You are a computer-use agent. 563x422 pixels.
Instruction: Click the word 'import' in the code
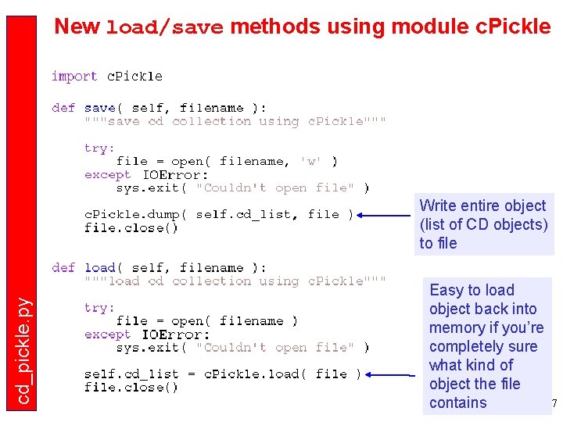coord(74,76)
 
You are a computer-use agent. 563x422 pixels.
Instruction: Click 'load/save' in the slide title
coord(164,27)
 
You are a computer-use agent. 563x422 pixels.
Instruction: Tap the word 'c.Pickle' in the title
coord(513,27)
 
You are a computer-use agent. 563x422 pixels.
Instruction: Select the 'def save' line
coord(160,108)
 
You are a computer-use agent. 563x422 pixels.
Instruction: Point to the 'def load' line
coord(160,268)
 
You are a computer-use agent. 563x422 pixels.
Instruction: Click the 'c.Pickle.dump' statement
coord(219,214)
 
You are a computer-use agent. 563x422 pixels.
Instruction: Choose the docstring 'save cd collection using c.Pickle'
coord(235,121)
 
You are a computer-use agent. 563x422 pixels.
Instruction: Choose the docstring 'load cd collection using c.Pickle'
coord(235,281)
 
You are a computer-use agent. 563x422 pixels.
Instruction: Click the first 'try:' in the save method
coord(99,148)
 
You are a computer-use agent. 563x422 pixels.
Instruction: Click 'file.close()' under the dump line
coord(131,228)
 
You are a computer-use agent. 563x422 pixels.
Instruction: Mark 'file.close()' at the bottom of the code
coord(131,388)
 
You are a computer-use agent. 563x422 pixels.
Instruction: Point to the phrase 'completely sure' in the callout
coord(483,346)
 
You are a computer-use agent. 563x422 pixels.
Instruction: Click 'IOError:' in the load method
coord(175,334)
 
